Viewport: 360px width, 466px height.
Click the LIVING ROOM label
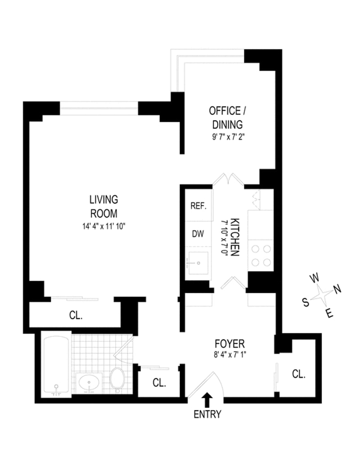point(104,206)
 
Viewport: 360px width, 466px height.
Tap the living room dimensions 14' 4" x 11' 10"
point(104,226)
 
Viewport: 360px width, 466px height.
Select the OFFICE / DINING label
point(227,118)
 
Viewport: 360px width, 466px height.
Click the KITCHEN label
point(235,237)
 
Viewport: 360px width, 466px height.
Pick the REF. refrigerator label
point(198,206)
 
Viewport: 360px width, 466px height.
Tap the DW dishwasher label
point(198,234)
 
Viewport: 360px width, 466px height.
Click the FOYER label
point(229,344)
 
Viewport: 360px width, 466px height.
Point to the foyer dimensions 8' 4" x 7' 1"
point(230,354)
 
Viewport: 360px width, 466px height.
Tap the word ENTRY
point(207,414)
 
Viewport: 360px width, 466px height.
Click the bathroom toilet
point(117,378)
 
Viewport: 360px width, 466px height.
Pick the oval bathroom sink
point(89,382)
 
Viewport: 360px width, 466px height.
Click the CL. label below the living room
point(76,315)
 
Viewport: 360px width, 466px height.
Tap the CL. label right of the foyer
point(299,374)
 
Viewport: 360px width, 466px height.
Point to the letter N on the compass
point(337,289)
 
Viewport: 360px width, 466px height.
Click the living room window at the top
point(99,108)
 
